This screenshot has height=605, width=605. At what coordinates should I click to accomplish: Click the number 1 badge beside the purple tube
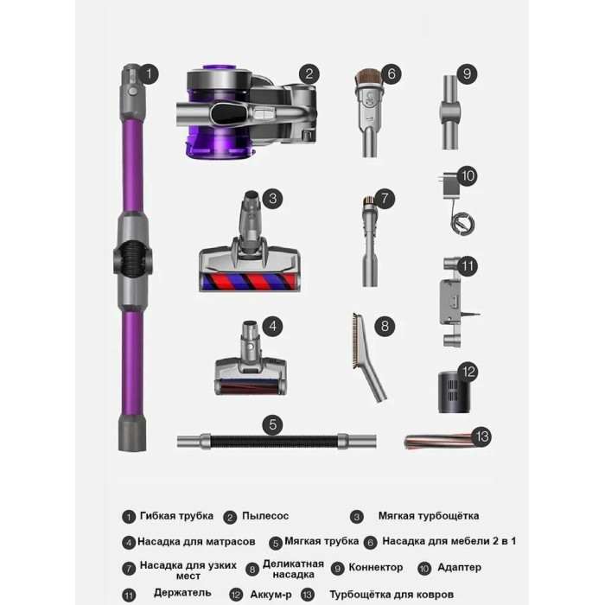149,73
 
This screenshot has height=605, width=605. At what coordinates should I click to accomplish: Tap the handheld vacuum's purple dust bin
220,139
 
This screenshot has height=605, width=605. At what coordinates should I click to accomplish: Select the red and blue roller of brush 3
249,282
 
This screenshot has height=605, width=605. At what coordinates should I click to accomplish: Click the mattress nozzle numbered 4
251,358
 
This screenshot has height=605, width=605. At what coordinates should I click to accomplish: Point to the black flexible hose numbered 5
277,442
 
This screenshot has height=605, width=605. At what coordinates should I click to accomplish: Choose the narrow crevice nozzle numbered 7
370,242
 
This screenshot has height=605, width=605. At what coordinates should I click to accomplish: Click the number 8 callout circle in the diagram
385,326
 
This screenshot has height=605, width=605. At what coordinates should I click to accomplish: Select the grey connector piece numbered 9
450,112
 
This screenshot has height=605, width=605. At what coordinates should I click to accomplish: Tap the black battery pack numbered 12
455,392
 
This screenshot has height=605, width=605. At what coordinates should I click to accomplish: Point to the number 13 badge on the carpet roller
482,436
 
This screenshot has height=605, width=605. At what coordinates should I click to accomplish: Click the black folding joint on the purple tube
133,257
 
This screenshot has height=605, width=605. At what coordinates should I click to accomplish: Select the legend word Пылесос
265,516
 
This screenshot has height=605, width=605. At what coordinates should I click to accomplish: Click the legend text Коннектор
376,568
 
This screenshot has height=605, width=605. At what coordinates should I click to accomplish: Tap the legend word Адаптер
460,567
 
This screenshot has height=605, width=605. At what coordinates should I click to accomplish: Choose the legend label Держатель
182,593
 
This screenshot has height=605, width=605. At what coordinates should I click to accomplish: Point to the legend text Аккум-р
271,595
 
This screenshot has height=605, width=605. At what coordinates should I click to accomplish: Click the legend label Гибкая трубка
176,516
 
